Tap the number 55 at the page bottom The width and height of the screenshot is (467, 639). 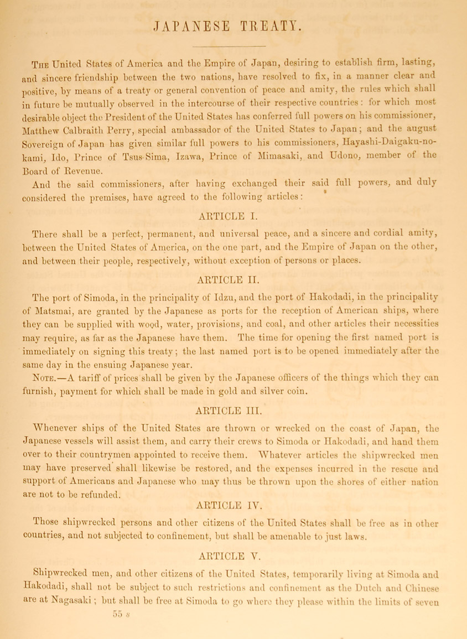tap(114, 597)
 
